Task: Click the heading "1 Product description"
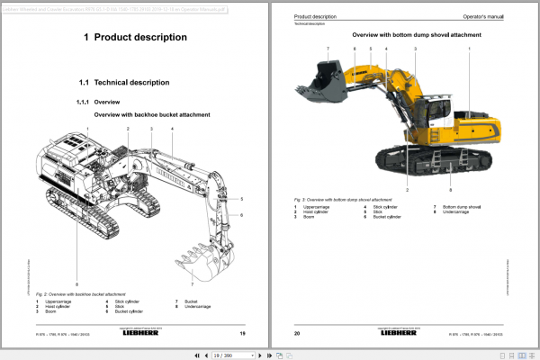135,38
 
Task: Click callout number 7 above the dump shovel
328,49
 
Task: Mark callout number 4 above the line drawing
172,130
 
